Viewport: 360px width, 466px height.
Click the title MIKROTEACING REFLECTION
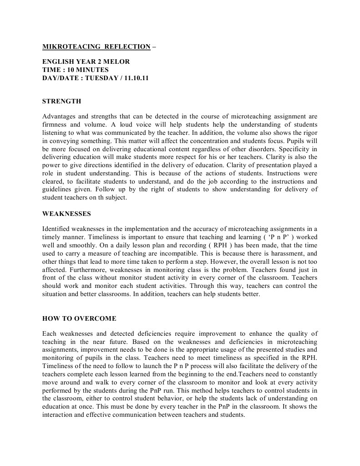[96, 46]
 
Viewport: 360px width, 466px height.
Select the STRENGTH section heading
[61, 101]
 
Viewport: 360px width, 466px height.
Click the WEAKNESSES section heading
[66, 213]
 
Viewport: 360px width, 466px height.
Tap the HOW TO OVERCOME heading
[79, 318]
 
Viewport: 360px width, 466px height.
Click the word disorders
[265, 149]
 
